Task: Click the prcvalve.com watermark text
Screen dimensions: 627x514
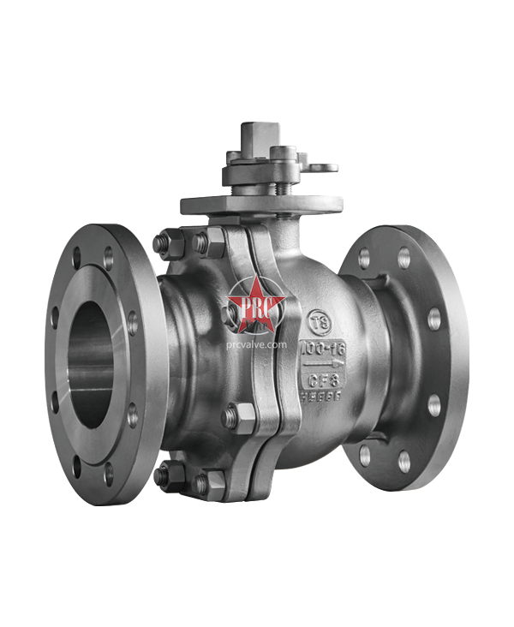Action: click(256, 345)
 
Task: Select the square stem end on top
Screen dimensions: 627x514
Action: click(258, 136)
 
